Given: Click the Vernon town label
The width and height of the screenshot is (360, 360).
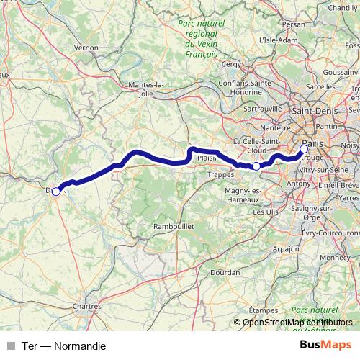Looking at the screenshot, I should pos(86,48).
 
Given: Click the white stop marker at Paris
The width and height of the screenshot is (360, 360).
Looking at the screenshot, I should pos(303,149).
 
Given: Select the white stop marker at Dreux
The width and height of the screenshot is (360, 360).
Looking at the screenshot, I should pos(56,191).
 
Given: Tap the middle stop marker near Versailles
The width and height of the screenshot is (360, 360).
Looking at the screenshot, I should pos(256,166).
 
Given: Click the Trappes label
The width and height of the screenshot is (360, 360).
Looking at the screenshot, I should pos(220,174).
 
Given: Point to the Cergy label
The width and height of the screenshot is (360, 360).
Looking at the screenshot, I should pos(232,64).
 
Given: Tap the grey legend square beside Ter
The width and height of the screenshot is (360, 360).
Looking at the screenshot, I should pos(10,346).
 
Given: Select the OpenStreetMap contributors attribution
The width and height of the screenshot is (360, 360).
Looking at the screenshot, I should pos(297,322).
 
